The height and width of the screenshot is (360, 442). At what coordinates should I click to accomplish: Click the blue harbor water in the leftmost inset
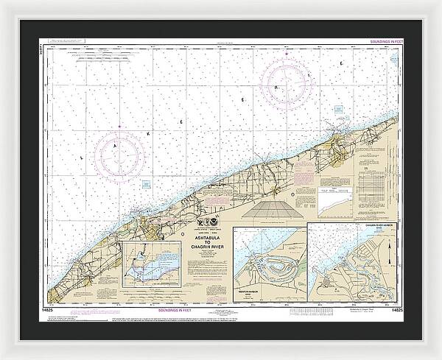click(151, 272)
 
